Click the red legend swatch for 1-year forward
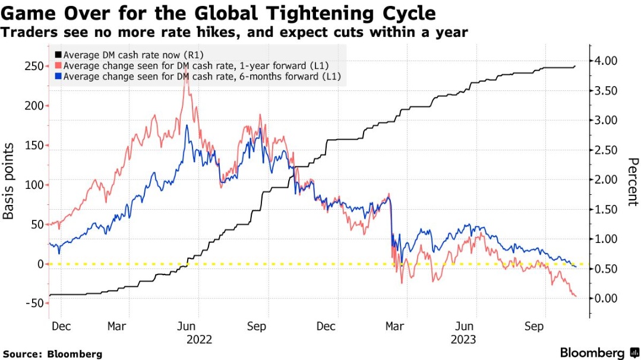click(x=57, y=66)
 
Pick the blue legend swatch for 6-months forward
click(x=57, y=77)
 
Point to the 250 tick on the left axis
click(x=33, y=66)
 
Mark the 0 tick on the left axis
click(x=40, y=264)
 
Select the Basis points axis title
click(x=9, y=184)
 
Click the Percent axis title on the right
click(x=632, y=182)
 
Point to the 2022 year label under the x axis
click(x=199, y=340)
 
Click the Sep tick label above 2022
click(x=257, y=327)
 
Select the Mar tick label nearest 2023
click(x=395, y=327)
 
